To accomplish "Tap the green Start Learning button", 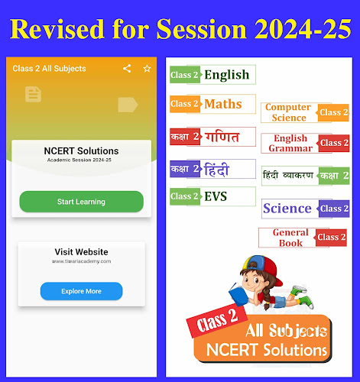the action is (82, 202).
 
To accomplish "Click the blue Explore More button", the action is (82, 291).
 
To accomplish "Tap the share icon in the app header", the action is (127, 69).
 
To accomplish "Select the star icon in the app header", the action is (147, 69).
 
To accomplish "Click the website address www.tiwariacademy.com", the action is (82, 261).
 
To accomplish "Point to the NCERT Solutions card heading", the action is (81, 151).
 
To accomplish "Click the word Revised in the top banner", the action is (57, 28).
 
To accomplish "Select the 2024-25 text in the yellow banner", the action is (303, 28).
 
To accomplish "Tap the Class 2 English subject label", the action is (212, 75).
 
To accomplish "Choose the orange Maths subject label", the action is (212, 104).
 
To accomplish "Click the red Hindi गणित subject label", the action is (212, 137).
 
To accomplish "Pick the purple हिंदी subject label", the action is (212, 169).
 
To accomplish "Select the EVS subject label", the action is (212, 196).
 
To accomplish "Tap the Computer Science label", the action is (305, 112).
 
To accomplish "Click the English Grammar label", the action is (305, 143).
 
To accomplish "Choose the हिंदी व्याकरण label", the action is (306, 176).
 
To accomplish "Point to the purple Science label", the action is (306, 209).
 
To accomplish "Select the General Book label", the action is (303, 238).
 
